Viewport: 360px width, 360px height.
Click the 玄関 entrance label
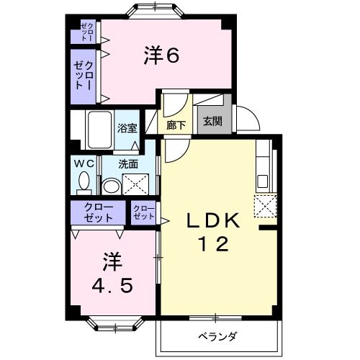(x=212, y=122)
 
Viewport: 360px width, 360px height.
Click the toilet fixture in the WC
(x=84, y=184)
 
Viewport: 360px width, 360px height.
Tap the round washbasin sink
(x=112, y=187)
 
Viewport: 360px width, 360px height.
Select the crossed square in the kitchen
(x=265, y=206)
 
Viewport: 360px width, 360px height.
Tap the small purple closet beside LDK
(x=144, y=212)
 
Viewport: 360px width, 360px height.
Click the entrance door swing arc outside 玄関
(x=245, y=116)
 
